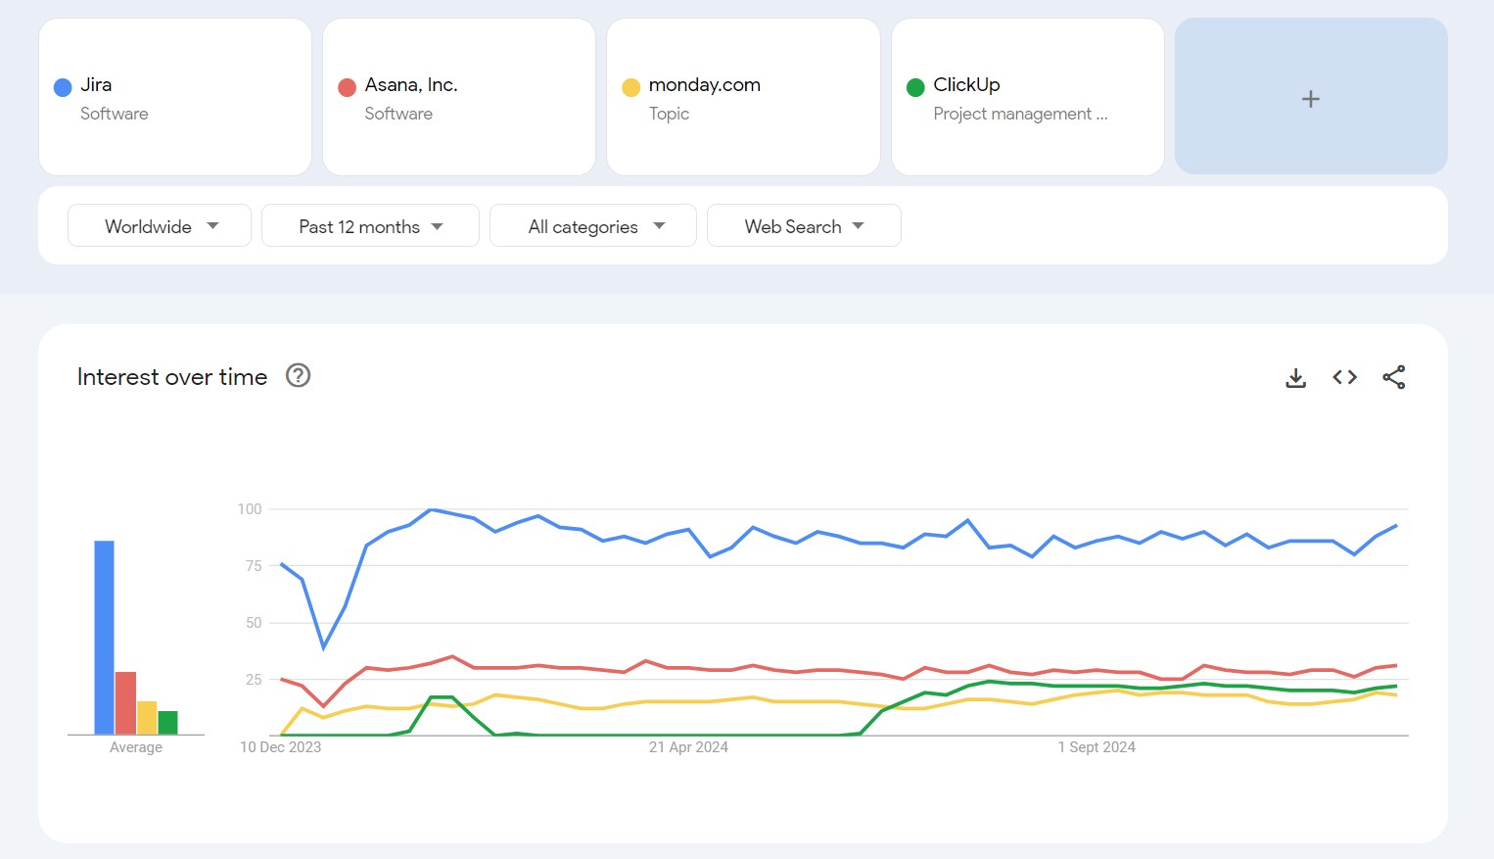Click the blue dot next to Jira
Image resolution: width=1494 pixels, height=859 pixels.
(63, 87)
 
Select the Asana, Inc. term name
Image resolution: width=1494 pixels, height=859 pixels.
(411, 85)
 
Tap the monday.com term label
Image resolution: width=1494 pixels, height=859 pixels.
(704, 85)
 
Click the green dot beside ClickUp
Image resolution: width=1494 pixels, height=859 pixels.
(915, 87)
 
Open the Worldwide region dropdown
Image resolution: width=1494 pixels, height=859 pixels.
(160, 226)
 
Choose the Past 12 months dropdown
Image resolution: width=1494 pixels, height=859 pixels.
(370, 226)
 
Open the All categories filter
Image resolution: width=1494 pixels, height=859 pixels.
(593, 226)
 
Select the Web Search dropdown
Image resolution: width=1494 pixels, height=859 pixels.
(804, 226)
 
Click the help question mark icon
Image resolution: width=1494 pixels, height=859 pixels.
(298, 376)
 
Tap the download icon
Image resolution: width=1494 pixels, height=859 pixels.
(1295, 377)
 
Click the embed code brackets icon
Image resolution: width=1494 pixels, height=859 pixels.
(1344, 377)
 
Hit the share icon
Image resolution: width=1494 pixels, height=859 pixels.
(1394, 377)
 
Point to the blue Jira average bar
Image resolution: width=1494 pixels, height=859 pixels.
(104, 637)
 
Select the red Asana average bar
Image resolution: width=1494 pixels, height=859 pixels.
(125, 702)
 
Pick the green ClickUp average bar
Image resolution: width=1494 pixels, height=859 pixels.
(167, 723)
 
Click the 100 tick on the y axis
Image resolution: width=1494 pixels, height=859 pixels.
(250, 509)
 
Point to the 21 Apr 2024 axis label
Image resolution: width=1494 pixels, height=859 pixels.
(688, 747)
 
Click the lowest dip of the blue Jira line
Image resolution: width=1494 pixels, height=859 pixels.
(324, 646)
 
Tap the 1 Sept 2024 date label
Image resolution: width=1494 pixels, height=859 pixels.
(1097, 747)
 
